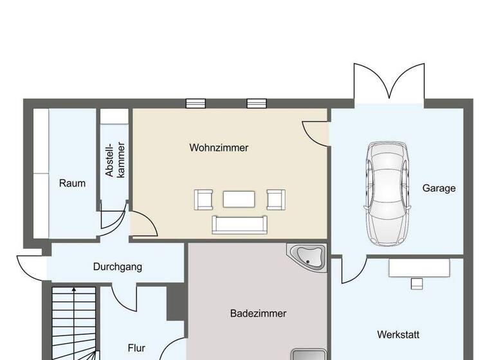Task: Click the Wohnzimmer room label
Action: (x=219, y=148)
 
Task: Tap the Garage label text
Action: (x=439, y=188)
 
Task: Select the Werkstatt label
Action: (x=398, y=335)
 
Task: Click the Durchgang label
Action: (x=117, y=267)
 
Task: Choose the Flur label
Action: (x=136, y=348)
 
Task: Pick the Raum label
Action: (x=72, y=183)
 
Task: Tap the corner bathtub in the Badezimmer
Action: (x=309, y=256)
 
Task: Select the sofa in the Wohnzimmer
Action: (x=239, y=224)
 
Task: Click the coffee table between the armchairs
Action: (x=239, y=199)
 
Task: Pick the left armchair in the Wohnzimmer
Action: (x=204, y=200)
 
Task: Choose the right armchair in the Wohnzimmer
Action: (x=276, y=200)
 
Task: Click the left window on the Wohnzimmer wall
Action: (x=196, y=103)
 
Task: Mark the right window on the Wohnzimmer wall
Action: (x=256, y=103)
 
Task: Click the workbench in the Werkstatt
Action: (x=419, y=269)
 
